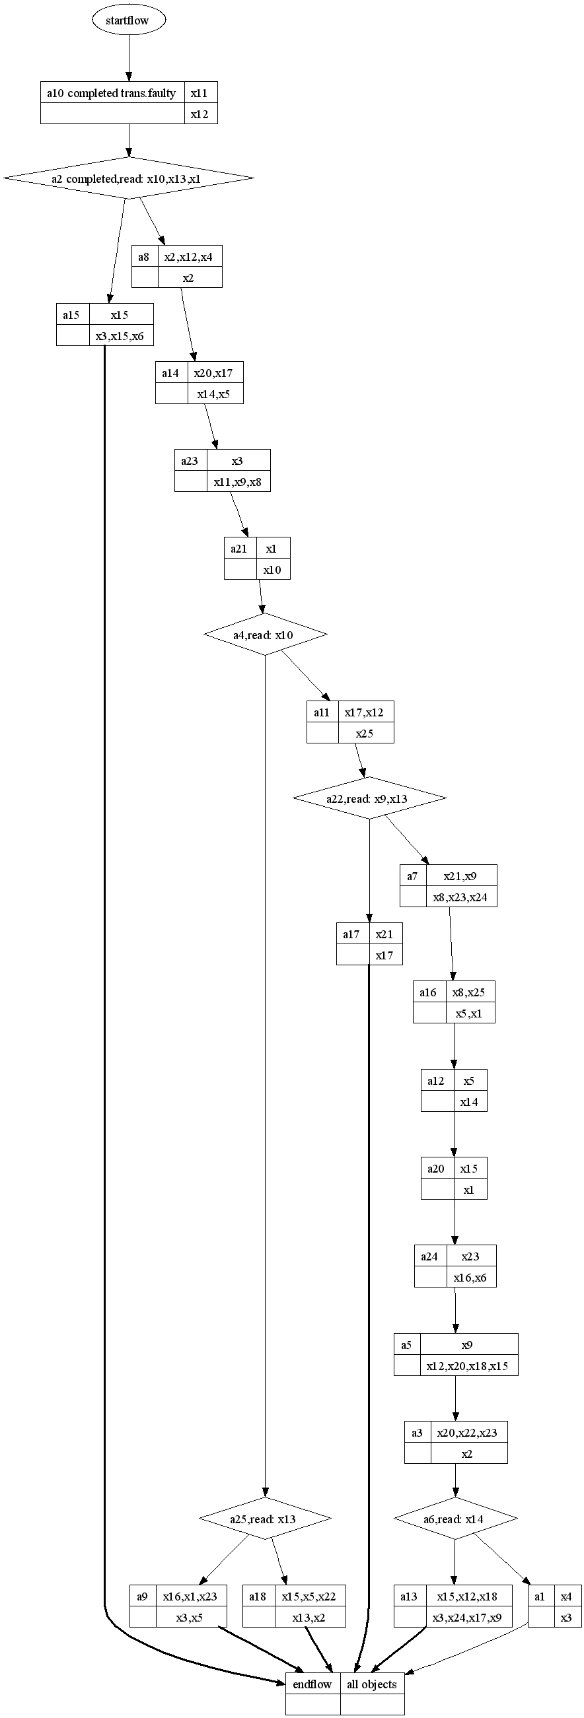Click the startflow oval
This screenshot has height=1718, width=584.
tap(128, 20)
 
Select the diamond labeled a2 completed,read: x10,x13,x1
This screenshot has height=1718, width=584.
tap(128, 178)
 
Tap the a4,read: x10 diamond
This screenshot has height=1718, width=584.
tap(265, 635)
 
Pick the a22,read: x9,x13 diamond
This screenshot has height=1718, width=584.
tap(369, 798)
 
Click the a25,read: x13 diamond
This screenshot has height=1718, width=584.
tap(265, 1519)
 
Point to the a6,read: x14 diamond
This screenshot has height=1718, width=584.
tap(455, 1519)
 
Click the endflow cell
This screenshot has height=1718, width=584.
tap(312, 1683)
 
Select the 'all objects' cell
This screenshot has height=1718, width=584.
tap(372, 1683)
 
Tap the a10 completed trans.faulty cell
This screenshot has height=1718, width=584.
tap(112, 93)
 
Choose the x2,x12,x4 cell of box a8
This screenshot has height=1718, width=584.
tap(189, 257)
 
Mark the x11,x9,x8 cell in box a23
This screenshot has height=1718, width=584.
tap(238, 481)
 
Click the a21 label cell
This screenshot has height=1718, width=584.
tap(240, 549)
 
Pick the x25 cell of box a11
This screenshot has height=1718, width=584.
tap(365, 733)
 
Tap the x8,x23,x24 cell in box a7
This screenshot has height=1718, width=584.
tap(460, 897)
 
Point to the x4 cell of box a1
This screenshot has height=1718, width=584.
tap(567, 1597)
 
